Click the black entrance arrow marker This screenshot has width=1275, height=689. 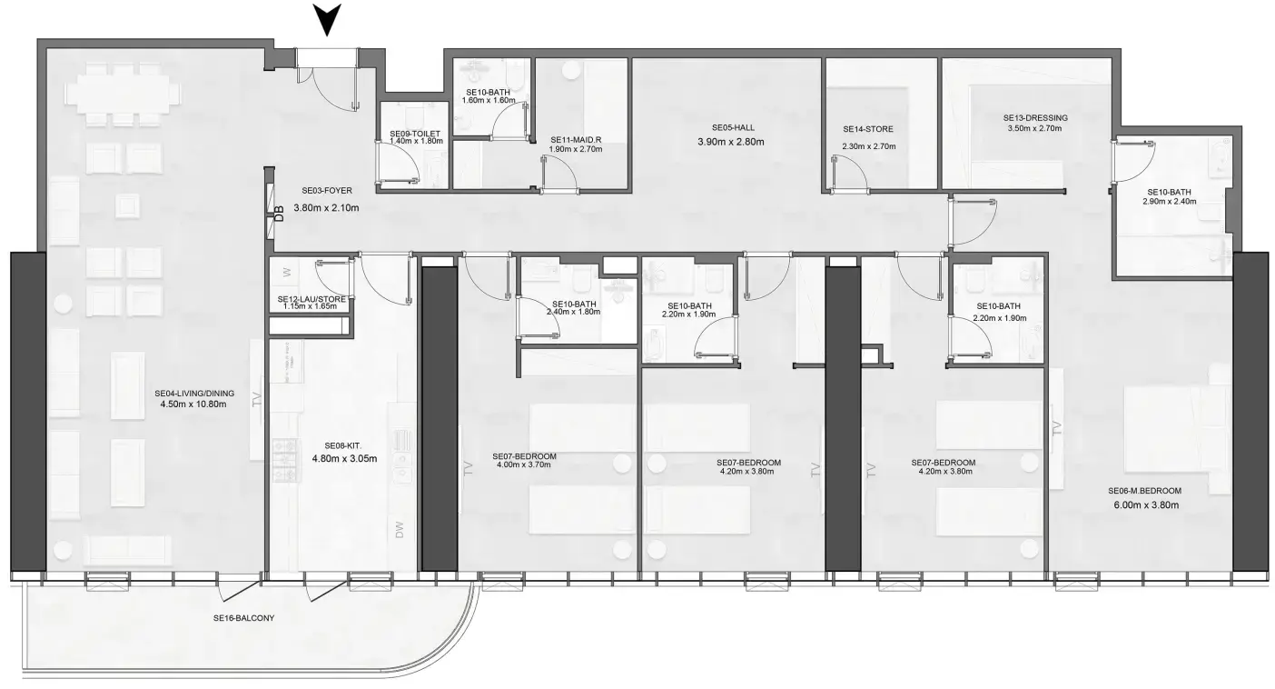(328, 19)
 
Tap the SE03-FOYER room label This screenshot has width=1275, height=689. (327, 191)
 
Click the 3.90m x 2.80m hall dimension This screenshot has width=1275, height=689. (731, 142)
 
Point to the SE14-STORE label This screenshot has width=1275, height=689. (868, 130)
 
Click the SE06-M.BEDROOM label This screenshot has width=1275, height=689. (1143, 491)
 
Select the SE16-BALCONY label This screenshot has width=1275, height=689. (244, 618)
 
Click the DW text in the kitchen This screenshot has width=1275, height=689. (400, 531)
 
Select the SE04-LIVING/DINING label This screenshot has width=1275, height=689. (195, 394)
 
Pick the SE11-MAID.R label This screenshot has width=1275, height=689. (576, 139)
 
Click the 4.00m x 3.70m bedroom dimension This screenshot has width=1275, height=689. (524, 465)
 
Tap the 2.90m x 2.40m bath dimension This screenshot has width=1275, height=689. (1167, 201)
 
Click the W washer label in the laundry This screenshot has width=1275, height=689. (286, 272)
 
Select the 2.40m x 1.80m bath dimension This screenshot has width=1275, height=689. (574, 313)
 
